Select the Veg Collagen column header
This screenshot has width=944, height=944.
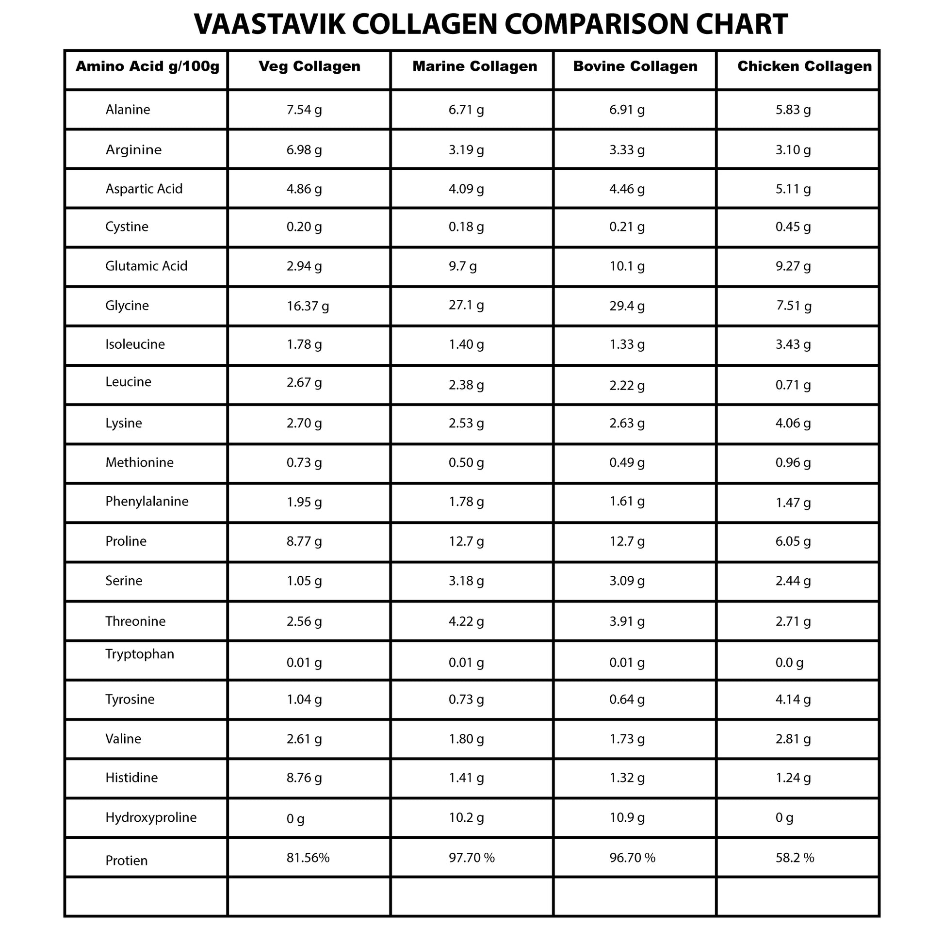309,66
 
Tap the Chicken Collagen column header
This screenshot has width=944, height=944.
804,66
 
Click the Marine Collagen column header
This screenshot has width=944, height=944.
474,66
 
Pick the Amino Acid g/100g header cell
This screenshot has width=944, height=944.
147,66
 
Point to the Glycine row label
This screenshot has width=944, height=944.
127,306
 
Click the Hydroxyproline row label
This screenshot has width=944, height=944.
151,817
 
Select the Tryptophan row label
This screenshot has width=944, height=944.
140,654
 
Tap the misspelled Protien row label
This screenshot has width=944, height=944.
127,861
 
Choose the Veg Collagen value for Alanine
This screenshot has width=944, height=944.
304,110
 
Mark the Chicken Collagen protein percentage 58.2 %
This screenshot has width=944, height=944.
795,858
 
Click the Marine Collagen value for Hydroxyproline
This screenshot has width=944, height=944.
466,817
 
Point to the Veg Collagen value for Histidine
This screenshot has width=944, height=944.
304,778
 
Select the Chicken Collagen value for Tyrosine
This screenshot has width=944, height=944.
793,699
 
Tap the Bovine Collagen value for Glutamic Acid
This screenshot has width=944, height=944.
627,266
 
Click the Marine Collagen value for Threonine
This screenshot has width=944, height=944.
466,621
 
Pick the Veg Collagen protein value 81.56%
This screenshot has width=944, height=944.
308,858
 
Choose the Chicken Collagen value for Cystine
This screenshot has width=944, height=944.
793,227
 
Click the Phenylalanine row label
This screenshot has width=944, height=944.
146,501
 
